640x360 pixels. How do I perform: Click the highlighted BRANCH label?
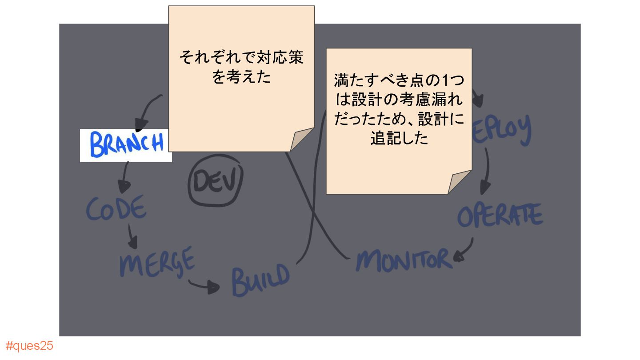tap(126, 145)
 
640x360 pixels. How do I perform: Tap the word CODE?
tap(116, 208)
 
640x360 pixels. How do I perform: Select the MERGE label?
tap(157, 261)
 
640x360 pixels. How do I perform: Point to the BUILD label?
tap(260, 280)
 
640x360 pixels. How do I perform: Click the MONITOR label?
tap(404, 260)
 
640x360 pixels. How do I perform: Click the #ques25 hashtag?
tap(30, 346)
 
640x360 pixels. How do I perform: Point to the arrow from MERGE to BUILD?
tap(204, 286)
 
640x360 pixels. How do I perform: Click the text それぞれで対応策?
tap(241, 58)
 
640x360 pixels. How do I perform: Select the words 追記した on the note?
tap(399, 138)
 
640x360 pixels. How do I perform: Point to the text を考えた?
tap(241, 78)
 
